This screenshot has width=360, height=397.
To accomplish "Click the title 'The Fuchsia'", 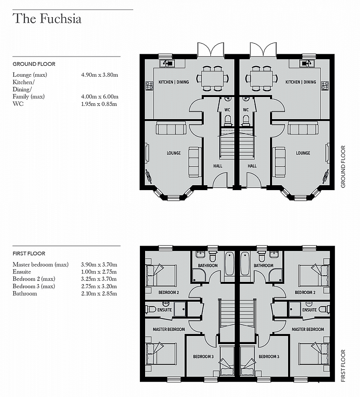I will point(47,19).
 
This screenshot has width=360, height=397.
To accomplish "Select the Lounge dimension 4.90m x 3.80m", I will point(99,75).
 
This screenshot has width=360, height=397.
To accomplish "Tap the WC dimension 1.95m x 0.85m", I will point(99,104).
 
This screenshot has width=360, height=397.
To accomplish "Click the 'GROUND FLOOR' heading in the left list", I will point(34,64).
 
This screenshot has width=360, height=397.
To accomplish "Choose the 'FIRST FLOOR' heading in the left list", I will point(29,254).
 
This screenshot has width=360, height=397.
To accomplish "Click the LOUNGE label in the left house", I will point(173,153).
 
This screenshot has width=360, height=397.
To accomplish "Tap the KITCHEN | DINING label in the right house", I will point(301,82).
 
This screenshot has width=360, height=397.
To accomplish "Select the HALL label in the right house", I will point(252,166).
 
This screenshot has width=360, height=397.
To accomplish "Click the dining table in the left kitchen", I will point(213,79).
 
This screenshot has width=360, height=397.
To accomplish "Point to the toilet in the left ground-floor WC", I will point(228,120).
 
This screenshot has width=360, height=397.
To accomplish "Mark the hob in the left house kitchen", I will point(149,86).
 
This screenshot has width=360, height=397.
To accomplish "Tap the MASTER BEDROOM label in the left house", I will point(169,329).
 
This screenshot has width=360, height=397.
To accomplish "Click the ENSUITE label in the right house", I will point(309,310).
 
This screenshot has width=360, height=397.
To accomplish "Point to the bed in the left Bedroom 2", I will point(161,275).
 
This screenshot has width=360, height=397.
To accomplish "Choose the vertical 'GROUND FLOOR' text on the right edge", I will point(343,167).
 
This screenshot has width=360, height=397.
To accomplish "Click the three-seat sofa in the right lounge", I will point(303,129).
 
